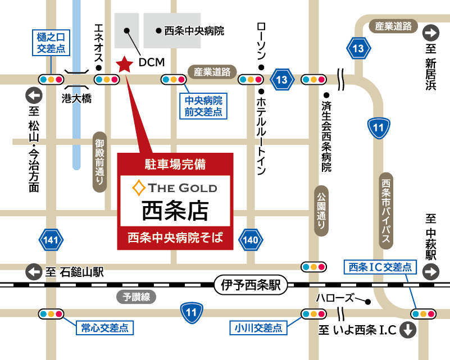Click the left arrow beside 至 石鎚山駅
(34, 272)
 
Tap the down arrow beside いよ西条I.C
(408, 330)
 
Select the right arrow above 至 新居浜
(431, 33)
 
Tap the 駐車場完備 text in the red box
(175, 165)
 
